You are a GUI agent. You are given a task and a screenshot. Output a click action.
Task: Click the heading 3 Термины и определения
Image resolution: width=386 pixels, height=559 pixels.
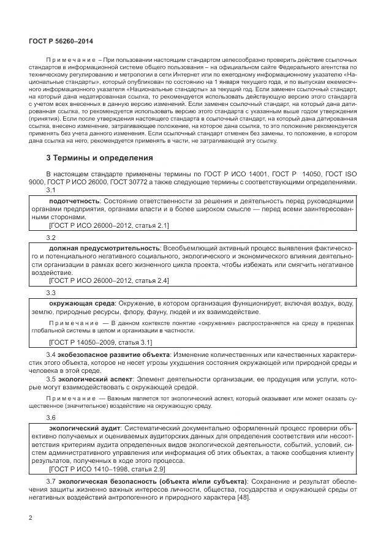tap(100, 157)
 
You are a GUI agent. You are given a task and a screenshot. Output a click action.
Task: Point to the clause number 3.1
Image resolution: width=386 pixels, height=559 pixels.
tap(51, 190)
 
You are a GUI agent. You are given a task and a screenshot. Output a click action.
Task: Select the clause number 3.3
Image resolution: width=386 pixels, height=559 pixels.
tap(51, 293)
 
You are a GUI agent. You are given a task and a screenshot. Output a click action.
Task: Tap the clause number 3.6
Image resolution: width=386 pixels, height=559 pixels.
tap(51, 418)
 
